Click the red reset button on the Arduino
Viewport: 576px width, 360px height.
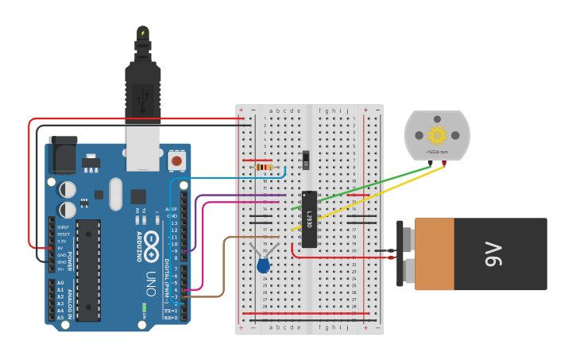[176, 161]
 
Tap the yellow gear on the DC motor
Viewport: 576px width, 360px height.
[436, 134]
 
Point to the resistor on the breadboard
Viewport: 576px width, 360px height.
[265, 168]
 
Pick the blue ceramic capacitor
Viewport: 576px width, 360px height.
[263, 266]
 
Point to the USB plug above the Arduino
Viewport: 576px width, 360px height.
[143, 87]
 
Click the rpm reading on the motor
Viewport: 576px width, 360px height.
[437, 150]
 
